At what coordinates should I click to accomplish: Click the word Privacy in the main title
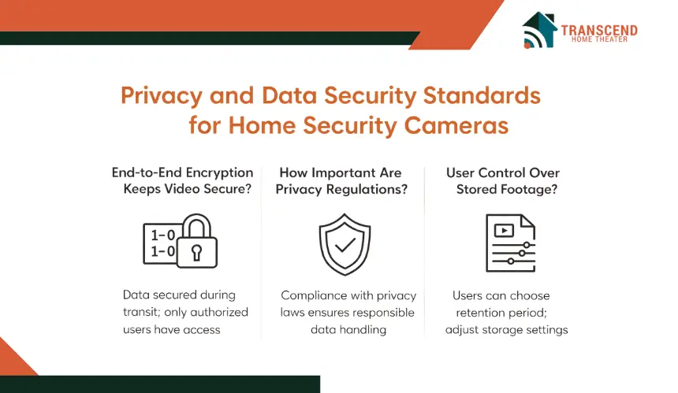[162, 96]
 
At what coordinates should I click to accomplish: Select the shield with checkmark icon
[345, 244]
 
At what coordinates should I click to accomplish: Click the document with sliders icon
[511, 243]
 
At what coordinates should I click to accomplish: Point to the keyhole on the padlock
[197, 253]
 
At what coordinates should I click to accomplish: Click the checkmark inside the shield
[345, 245]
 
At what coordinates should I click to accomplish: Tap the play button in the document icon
[504, 231]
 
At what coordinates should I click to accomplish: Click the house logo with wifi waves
[539, 30]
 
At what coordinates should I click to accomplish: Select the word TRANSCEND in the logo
[599, 30]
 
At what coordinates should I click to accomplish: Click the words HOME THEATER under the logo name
[599, 39]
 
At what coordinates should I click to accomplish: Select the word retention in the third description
[479, 313]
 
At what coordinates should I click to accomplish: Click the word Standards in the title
[482, 95]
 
